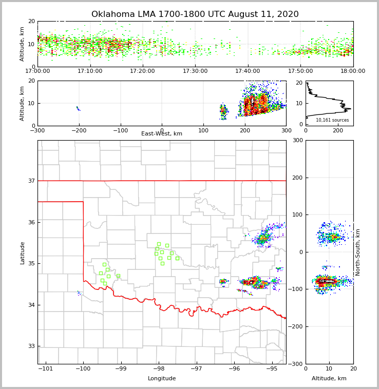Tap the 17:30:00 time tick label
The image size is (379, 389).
[x=195, y=71]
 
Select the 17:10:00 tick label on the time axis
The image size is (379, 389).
[x=90, y=71]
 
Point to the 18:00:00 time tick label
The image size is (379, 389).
[x=353, y=71]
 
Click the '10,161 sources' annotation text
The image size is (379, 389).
[x=332, y=120]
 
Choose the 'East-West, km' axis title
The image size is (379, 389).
[x=162, y=134]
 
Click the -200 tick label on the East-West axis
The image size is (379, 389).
[x=79, y=130]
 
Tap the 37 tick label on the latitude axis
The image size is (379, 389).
[x=30, y=181]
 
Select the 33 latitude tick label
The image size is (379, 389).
[x=30, y=346]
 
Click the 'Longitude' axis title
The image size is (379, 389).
[x=162, y=379]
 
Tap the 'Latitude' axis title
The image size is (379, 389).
[x=23, y=252]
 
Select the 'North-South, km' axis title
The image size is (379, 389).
[x=358, y=252]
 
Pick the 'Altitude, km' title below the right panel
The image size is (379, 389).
[x=329, y=379]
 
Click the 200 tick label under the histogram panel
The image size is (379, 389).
[x=338, y=130]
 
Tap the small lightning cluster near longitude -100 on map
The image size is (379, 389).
[x=79, y=293]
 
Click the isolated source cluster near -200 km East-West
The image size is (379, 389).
[x=78, y=108]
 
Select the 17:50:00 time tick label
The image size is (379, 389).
[x=300, y=71]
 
